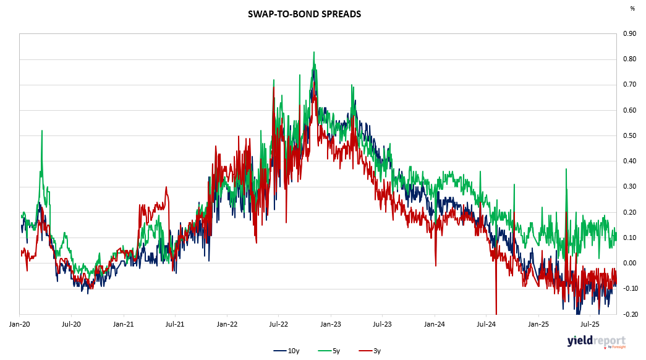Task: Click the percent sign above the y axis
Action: [632, 9]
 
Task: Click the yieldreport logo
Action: [596, 341]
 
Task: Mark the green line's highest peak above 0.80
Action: [314, 52]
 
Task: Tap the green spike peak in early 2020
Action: [42, 131]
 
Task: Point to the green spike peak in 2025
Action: [565, 169]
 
